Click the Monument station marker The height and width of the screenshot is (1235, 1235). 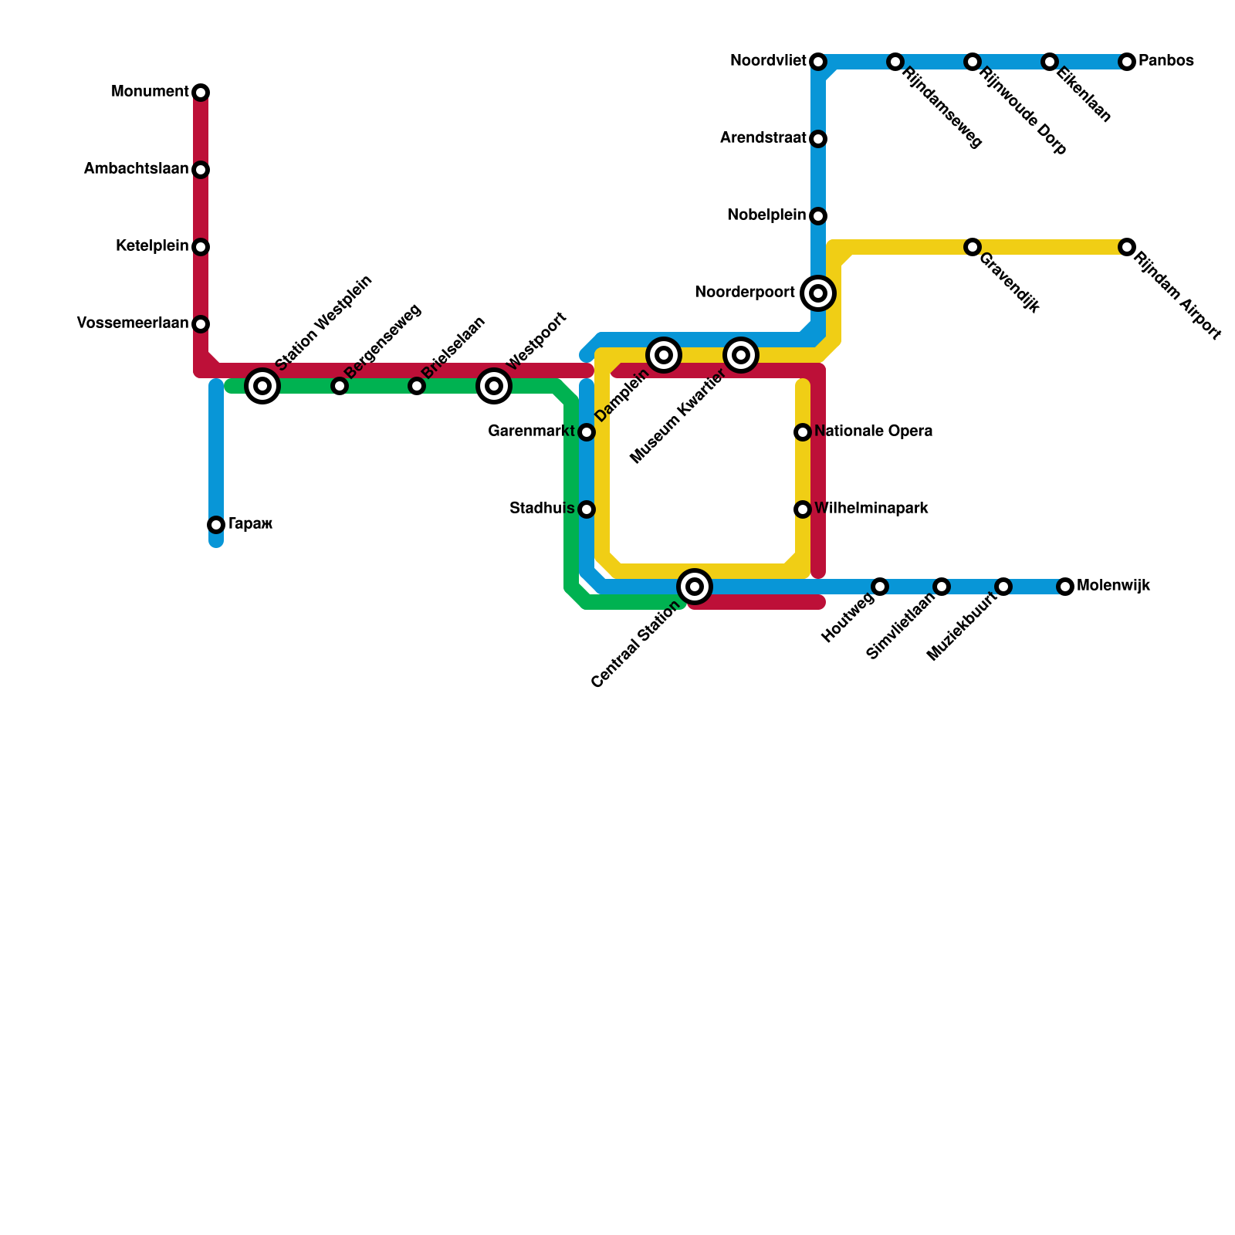pos(201,93)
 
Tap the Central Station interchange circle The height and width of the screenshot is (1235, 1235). pos(695,587)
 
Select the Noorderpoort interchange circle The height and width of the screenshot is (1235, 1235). pos(818,293)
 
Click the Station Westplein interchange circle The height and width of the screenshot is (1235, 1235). pos(262,386)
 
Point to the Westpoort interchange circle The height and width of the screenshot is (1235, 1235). pos(494,386)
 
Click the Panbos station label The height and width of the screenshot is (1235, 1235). pos(1166,61)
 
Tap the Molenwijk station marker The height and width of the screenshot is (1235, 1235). pos(1065,587)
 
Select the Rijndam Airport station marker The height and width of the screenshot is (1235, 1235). pos(1127,247)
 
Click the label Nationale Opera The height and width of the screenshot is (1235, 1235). pos(873,431)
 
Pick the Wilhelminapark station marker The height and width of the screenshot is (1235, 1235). pos(803,509)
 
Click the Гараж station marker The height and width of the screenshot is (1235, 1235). pos(216,525)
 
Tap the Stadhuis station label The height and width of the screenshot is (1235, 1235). pos(542,509)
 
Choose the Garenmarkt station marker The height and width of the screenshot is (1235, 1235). pos(587,432)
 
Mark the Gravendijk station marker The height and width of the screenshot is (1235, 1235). pos(973,247)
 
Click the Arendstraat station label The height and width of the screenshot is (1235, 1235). pos(763,138)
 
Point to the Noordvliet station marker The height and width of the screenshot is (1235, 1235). pos(818,62)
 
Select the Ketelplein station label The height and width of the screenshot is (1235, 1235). pos(152,246)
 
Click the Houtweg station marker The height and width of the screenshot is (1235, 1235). pos(880,587)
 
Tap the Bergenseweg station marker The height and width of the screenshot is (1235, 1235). pos(340,386)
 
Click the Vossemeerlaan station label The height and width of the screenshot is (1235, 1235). pos(133,323)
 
